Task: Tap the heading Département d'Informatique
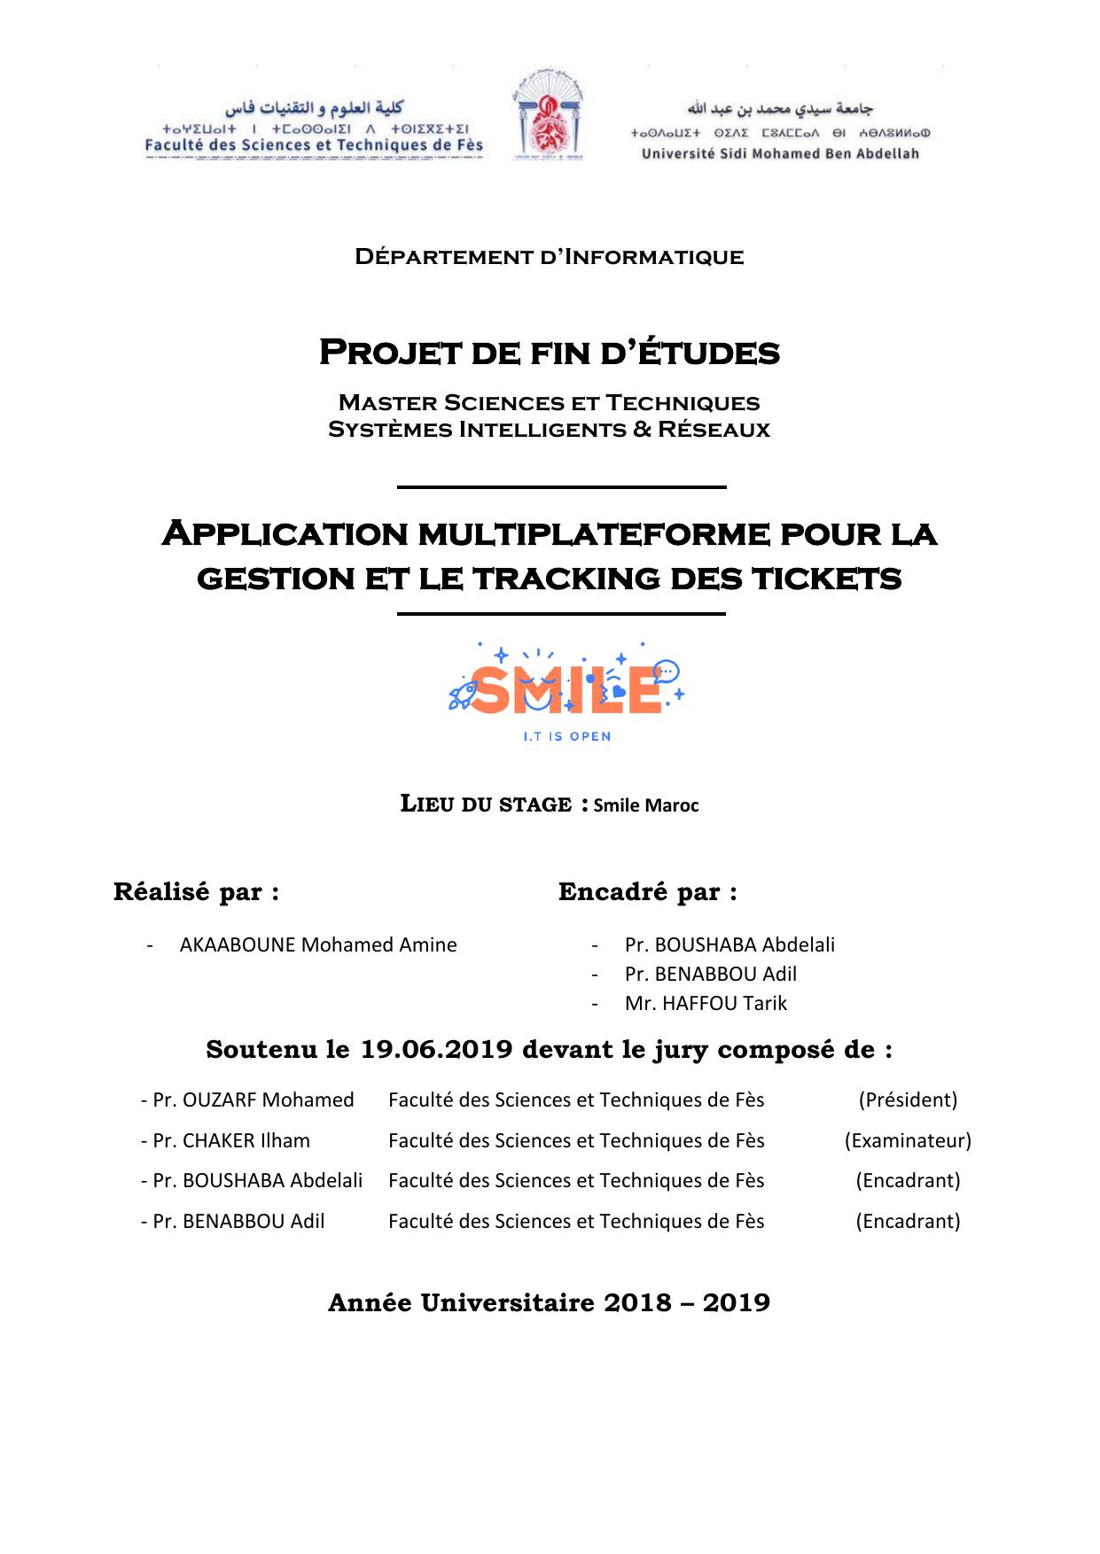tap(549, 258)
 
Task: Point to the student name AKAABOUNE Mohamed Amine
tap(318, 945)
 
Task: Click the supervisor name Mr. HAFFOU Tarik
tap(706, 1004)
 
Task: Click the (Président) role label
tap(908, 1100)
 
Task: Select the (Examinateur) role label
tap(908, 1141)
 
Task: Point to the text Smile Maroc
tap(646, 806)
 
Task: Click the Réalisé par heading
tap(197, 892)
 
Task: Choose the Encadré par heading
tap(647, 892)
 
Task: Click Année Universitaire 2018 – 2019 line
tap(549, 1303)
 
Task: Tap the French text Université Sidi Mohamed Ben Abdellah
tap(780, 154)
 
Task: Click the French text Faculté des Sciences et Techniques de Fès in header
tap(315, 145)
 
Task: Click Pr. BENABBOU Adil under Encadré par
tap(710, 975)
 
